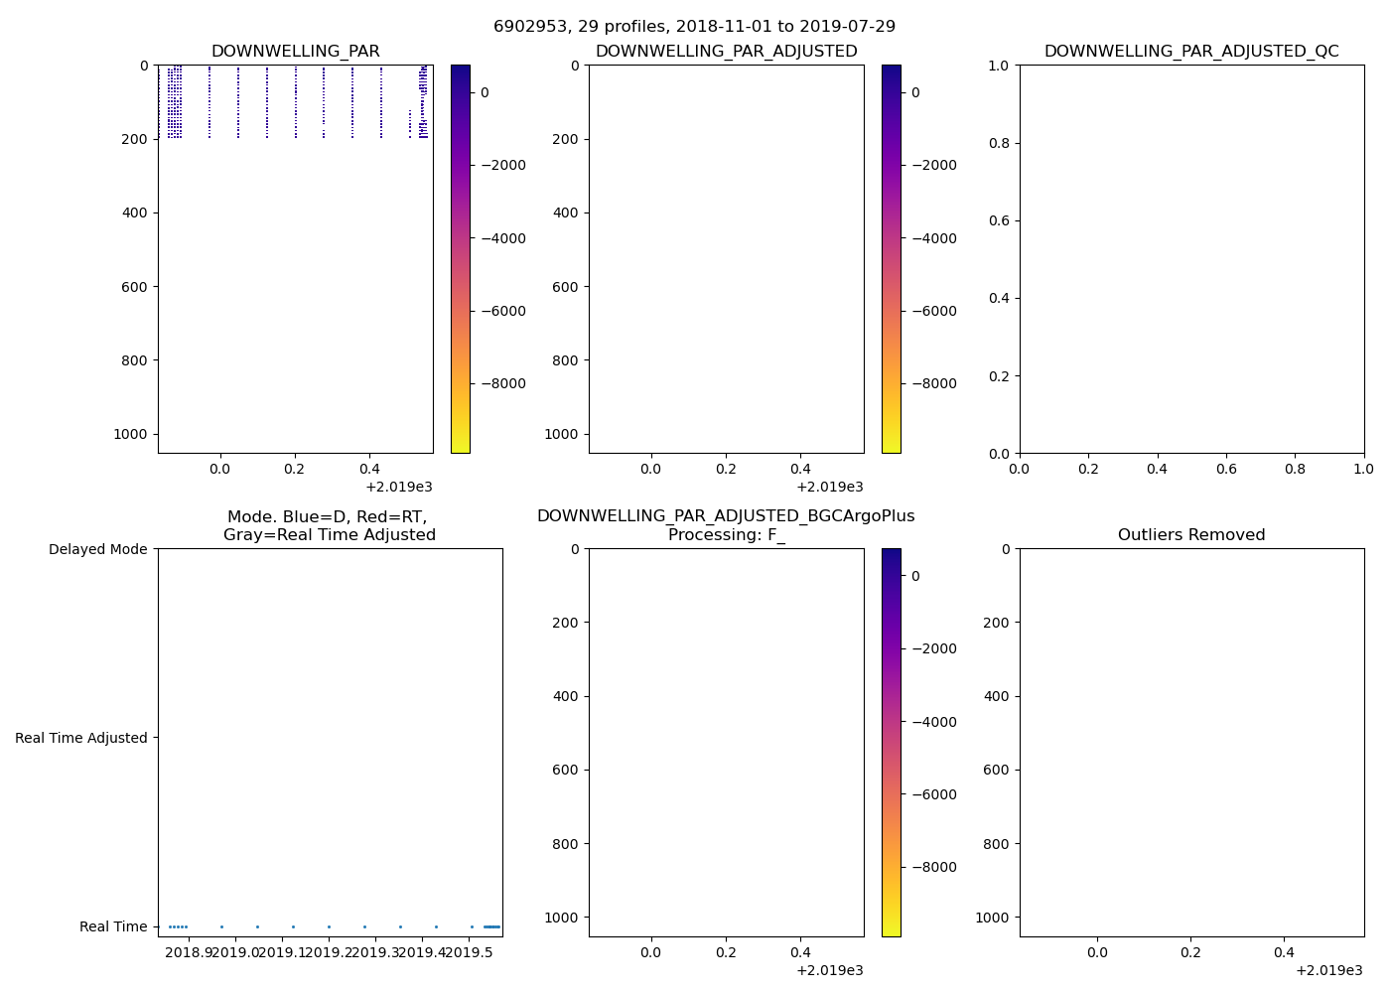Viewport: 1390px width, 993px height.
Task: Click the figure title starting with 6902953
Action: [694, 27]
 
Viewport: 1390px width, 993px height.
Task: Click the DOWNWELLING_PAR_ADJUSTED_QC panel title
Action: [1191, 52]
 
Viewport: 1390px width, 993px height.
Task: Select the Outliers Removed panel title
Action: [1191, 535]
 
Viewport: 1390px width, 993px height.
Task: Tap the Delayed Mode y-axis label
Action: [97, 549]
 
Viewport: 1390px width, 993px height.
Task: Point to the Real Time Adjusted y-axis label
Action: [81, 738]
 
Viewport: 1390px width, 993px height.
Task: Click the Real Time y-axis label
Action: [113, 926]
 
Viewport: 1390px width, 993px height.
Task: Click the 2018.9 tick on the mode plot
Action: [189, 953]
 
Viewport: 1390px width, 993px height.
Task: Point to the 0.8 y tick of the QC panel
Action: [1000, 143]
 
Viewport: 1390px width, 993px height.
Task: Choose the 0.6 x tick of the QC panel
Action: [1226, 469]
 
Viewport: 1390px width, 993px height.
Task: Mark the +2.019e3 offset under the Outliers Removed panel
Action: [1328, 970]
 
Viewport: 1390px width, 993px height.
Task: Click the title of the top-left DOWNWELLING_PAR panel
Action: [295, 52]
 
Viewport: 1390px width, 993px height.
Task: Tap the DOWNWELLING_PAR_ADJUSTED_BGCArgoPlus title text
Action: [726, 516]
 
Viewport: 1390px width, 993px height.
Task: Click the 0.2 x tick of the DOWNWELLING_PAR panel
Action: [295, 469]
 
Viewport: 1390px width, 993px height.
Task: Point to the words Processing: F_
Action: [726, 535]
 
